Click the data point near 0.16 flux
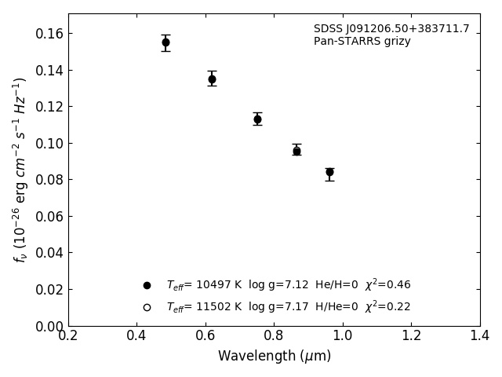click(166, 42)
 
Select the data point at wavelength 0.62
click(212, 79)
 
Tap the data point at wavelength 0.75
click(257, 119)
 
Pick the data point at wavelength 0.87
click(296, 151)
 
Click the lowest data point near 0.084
click(329, 172)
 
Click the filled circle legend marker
click(147, 285)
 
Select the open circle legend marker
click(147, 307)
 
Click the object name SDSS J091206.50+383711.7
click(391, 29)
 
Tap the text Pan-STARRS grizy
click(362, 42)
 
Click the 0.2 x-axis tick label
click(68, 335)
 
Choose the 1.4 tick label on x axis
click(480, 335)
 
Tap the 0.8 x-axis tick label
click(274, 335)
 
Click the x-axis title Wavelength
click(274, 357)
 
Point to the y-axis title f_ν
click(20, 169)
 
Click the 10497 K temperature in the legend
click(203, 285)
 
